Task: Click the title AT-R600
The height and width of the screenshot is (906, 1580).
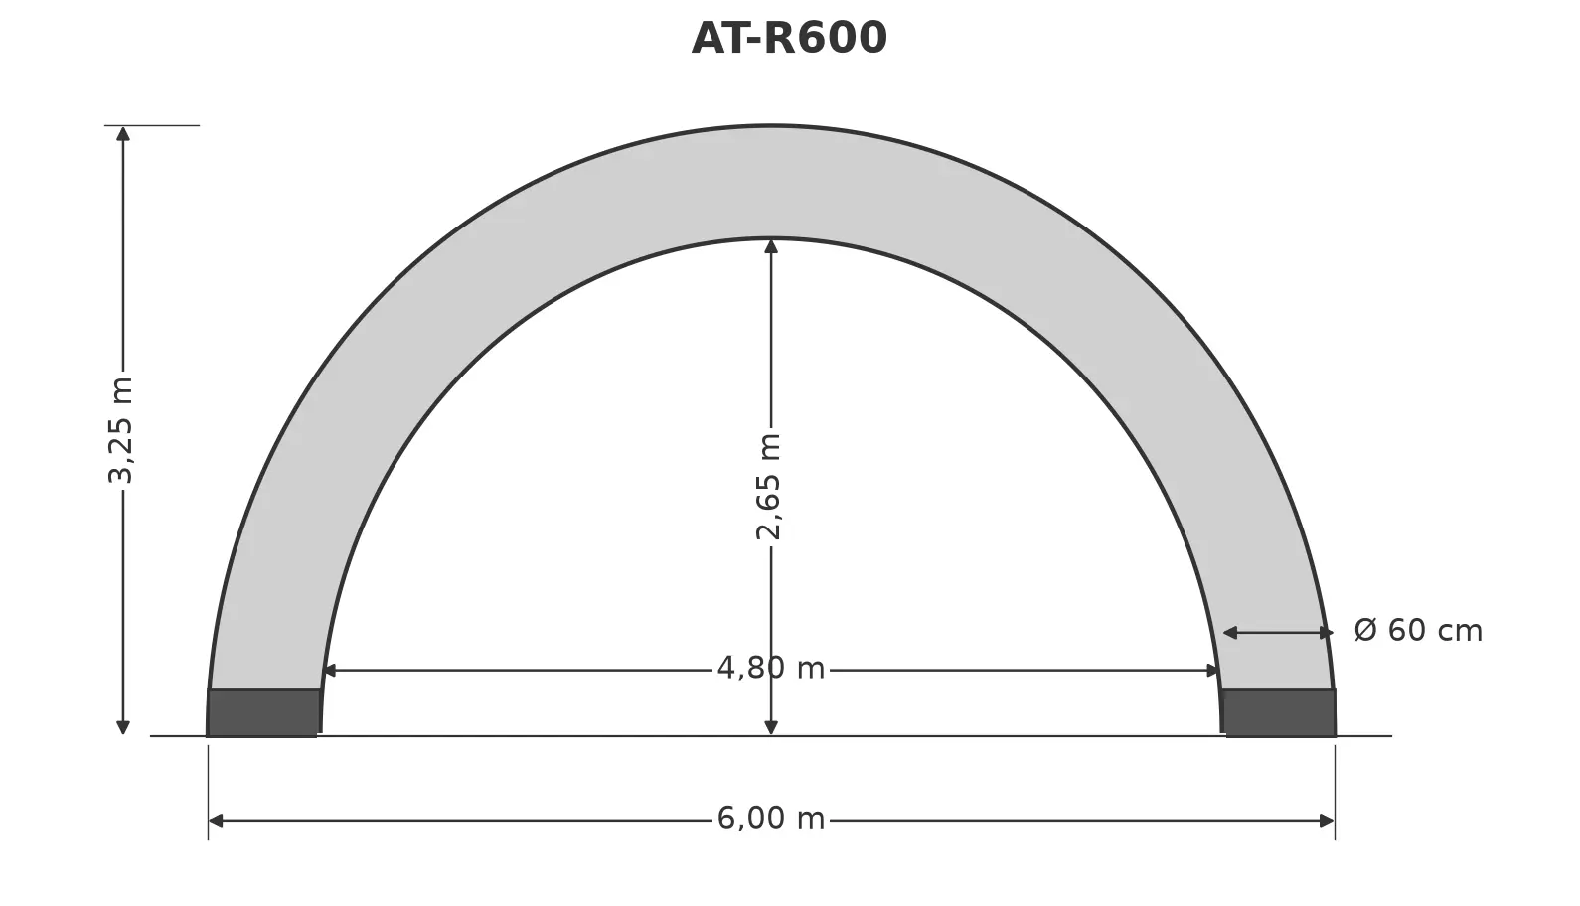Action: [x=789, y=38]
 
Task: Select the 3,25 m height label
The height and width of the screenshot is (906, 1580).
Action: [x=120, y=431]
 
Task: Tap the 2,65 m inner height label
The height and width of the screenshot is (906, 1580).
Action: [x=769, y=487]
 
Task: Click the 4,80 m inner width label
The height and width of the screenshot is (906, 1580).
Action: [x=770, y=668]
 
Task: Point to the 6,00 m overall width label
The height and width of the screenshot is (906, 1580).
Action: [x=770, y=818]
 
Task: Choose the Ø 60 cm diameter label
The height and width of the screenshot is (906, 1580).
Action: [x=1418, y=630]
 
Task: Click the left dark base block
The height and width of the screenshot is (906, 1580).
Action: [x=262, y=713]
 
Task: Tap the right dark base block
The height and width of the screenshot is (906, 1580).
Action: [x=1279, y=713]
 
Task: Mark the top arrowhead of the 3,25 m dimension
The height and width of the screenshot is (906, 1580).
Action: [x=123, y=134]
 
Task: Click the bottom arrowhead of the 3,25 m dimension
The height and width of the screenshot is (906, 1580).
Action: [x=123, y=728]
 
